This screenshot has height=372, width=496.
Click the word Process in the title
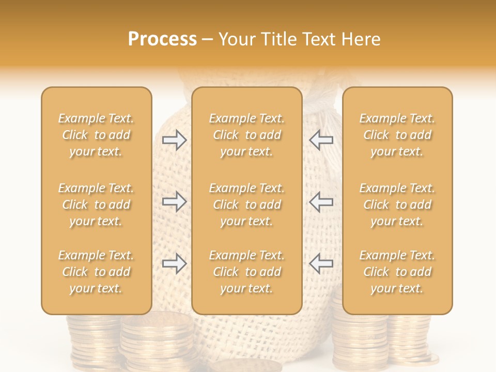coord(162,39)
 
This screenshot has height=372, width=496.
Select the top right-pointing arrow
coord(175,140)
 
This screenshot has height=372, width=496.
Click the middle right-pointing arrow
coord(175,202)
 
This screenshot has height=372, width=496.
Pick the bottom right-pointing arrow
coord(175,263)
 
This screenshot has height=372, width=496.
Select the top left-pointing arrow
coord(321,140)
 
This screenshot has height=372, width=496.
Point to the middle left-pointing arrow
coord(321,202)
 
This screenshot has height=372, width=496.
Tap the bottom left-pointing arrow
coord(321,263)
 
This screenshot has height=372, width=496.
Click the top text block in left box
coord(96,135)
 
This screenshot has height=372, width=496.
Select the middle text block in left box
coord(96,205)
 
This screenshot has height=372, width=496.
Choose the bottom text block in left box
coord(96,272)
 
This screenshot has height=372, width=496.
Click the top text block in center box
coord(246,135)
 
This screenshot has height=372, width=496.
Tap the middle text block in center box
coord(246,205)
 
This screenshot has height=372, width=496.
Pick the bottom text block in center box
coord(246,272)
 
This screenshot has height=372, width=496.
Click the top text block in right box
coord(397,135)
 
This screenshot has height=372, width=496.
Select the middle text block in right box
coord(397,205)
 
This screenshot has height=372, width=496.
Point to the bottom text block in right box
coord(397,272)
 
